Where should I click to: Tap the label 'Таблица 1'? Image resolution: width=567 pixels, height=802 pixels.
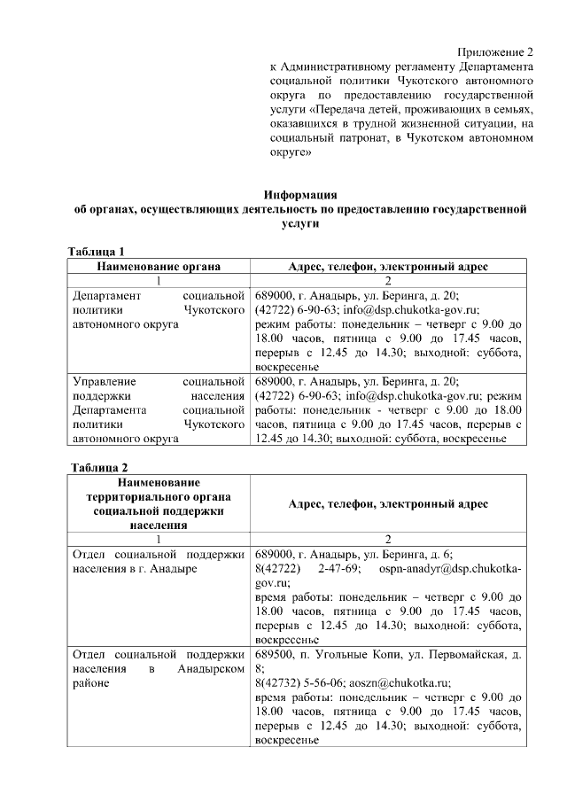[x=103, y=251]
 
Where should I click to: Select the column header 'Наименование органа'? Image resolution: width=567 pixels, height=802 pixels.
[x=159, y=266]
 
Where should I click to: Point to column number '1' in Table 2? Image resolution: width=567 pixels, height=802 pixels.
[x=159, y=539]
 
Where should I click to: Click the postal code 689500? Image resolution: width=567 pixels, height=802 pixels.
[x=274, y=655]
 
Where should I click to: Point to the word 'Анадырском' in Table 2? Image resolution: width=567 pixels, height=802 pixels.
[x=209, y=669]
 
